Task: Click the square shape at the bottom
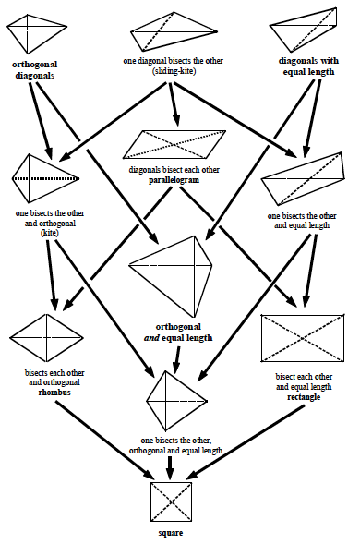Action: tap(170, 502)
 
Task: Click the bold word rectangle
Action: tap(305, 396)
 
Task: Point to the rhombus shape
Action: tap(40, 337)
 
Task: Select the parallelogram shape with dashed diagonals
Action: tap(174, 145)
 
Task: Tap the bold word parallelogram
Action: tap(174, 180)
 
